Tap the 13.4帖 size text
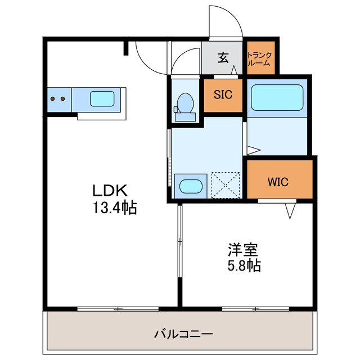pos(115,209)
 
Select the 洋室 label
pos(243,248)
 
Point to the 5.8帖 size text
pos(243,265)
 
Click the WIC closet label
pos(278,182)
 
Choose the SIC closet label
pos(223,94)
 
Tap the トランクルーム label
pos(259,58)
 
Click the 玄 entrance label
pos(223,57)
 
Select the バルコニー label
pos(184,334)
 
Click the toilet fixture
pos(183,105)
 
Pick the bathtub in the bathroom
pos(277,97)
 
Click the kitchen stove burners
pos(58,99)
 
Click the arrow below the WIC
pos(290,211)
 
